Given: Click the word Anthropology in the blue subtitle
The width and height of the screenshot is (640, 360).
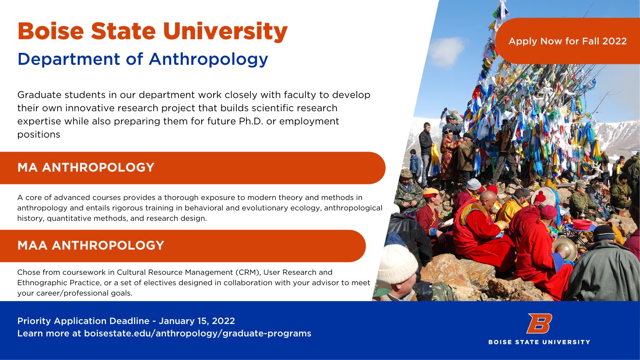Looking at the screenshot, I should (x=208, y=60).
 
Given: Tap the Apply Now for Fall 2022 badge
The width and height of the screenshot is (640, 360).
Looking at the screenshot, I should (x=567, y=41).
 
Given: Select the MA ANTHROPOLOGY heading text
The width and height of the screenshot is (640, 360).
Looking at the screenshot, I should (x=86, y=168).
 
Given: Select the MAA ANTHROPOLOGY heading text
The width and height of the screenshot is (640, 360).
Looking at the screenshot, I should (x=91, y=246).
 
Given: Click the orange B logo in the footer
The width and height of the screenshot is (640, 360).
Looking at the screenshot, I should (x=539, y=323).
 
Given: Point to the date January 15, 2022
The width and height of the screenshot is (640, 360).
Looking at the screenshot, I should (x=197, y=321).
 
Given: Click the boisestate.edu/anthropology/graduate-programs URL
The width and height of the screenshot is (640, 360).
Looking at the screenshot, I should (x=198, y=334).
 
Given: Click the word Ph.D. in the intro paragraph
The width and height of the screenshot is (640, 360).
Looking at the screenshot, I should (x=251, y=121).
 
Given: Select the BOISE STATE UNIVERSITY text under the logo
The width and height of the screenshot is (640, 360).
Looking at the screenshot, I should (x=539, y=342).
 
